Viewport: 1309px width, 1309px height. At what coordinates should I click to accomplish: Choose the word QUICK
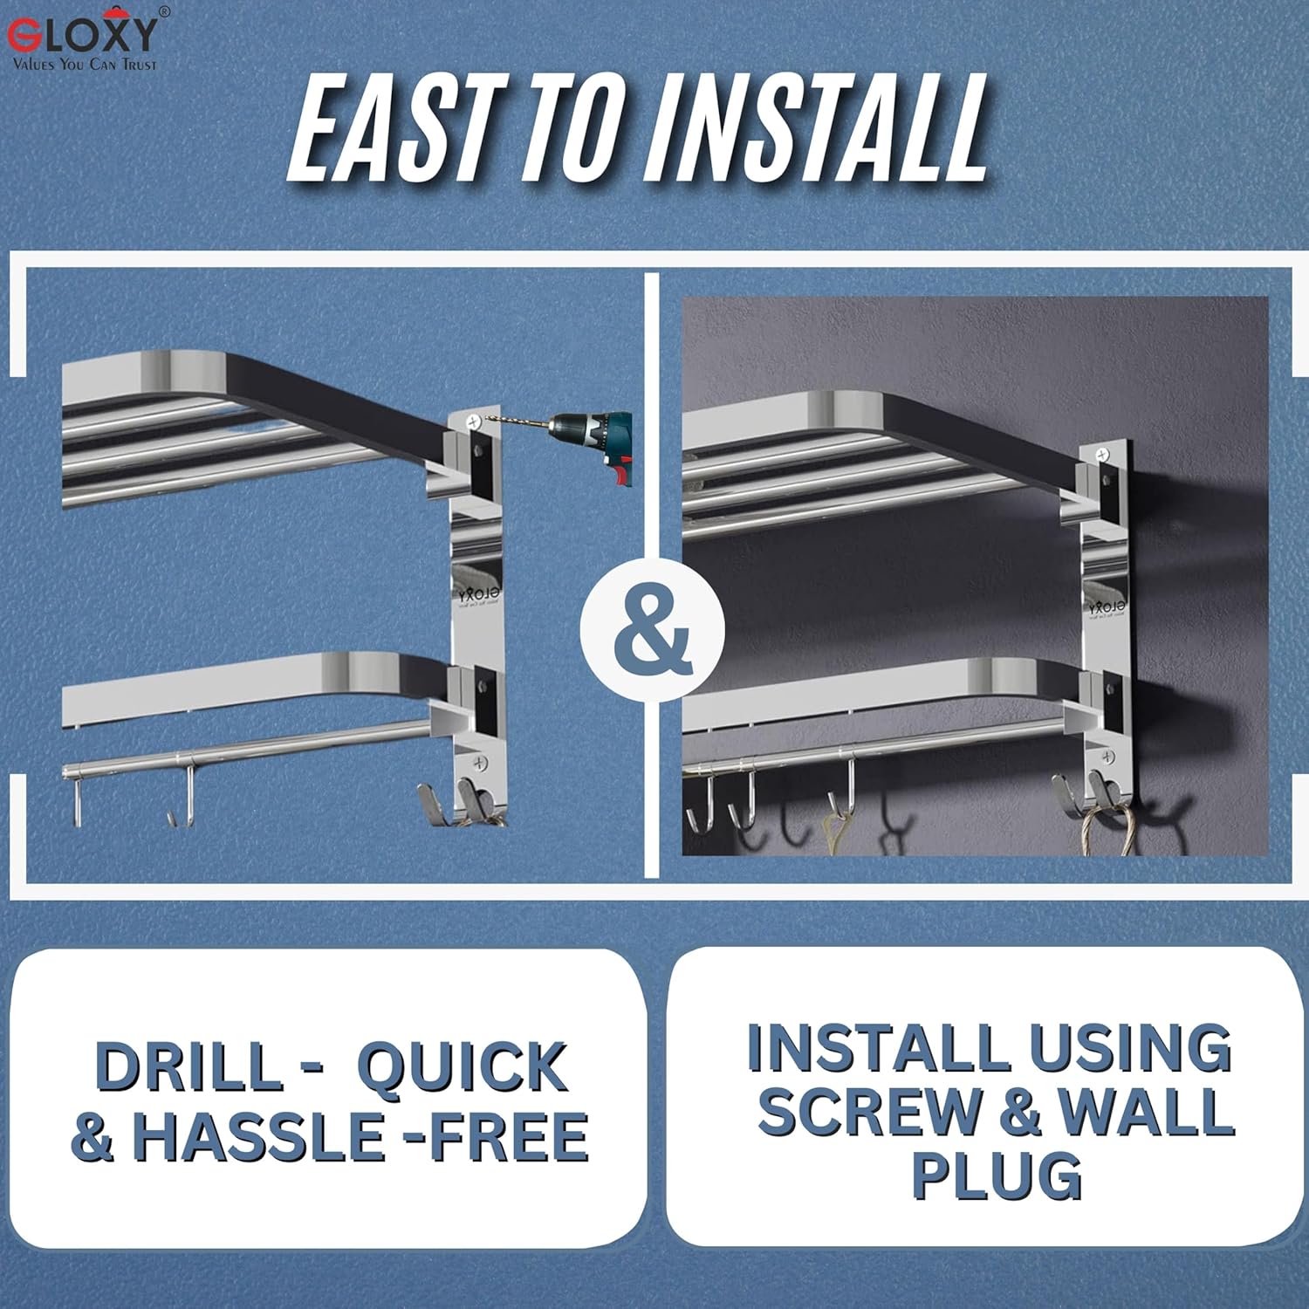pos(463,1066)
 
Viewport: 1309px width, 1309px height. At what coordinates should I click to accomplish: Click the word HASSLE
pos(257,1136)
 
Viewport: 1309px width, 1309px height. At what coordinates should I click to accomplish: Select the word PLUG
pos(997,1176)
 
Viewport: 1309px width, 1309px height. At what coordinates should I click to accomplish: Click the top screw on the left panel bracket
pos(475,422)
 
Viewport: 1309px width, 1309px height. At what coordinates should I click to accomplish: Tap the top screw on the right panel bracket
pos(1103,455)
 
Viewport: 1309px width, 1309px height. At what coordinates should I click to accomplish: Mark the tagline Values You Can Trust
pos(85,64)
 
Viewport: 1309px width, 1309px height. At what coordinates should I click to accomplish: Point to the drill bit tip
pos(486,421)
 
